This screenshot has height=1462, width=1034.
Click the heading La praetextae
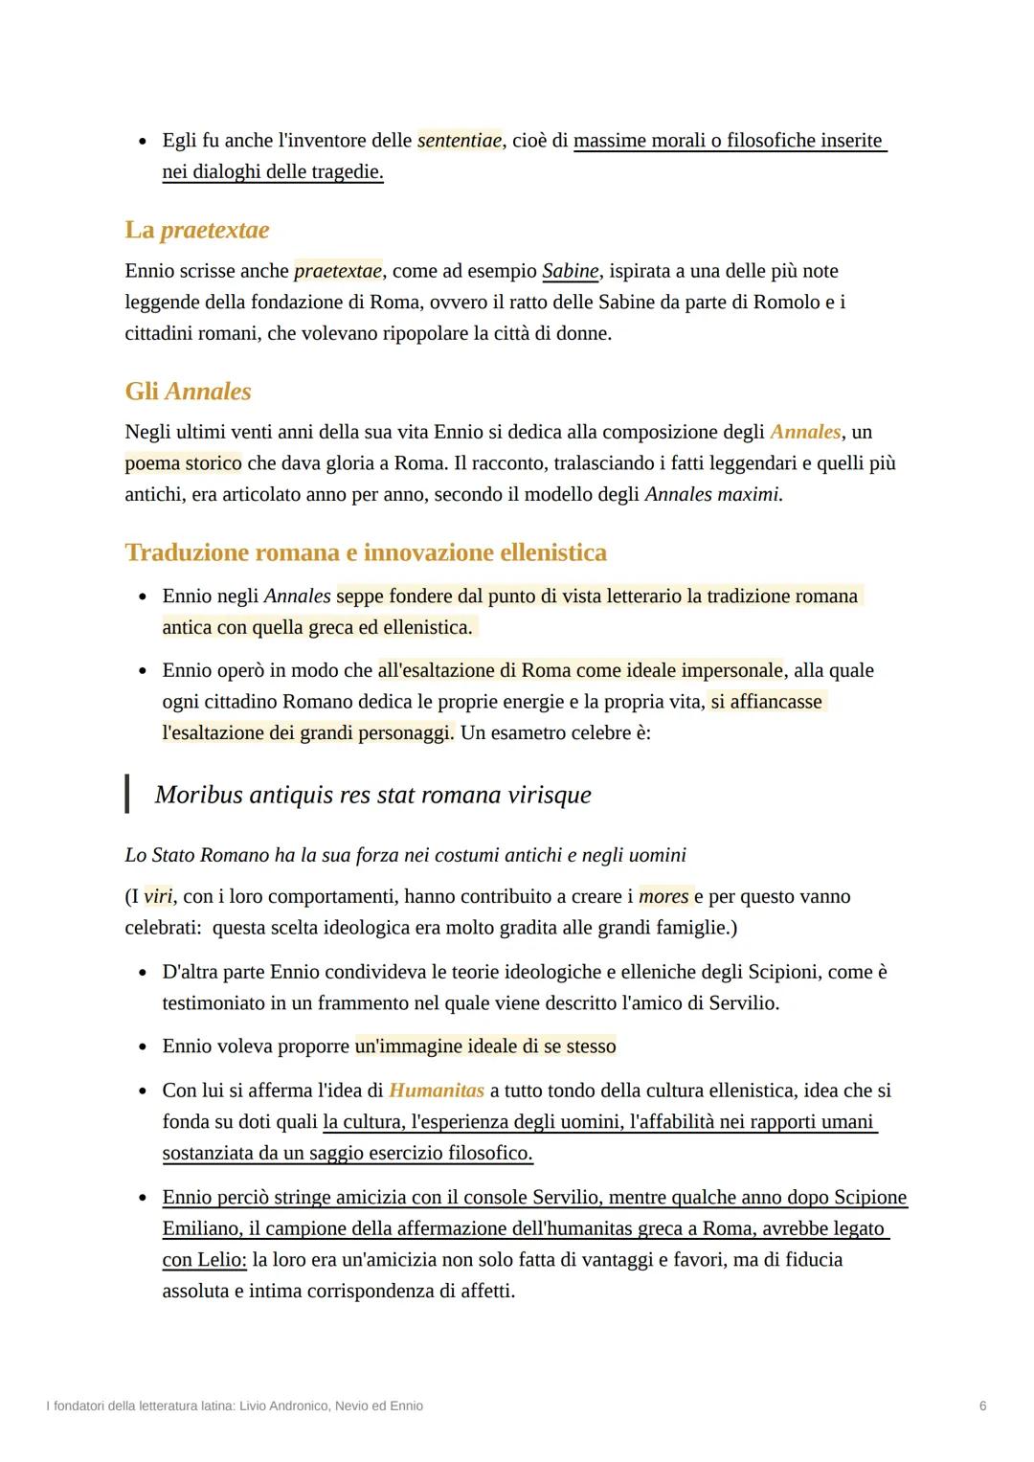point(196,230)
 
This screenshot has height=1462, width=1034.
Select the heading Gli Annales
point(188,392)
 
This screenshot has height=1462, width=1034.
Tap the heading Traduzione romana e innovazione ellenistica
point(366,552)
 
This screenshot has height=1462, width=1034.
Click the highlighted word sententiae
point(460,141)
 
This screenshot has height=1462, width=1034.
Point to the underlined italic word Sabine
point(570,271)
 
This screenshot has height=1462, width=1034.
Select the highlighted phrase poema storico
point(183,463)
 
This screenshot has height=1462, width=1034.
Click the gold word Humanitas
point(436,1091)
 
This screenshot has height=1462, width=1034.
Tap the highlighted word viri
point(158,897)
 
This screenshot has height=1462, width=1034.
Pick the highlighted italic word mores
point(663,897)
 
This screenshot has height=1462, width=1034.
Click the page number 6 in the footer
point(982,1406)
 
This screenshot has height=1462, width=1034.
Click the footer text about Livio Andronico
point(235,1406)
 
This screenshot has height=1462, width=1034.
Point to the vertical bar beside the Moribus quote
point(127,794)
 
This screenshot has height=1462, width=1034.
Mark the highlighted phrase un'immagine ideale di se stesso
point(484,1046)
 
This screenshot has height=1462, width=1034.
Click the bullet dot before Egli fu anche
point(143,142)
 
